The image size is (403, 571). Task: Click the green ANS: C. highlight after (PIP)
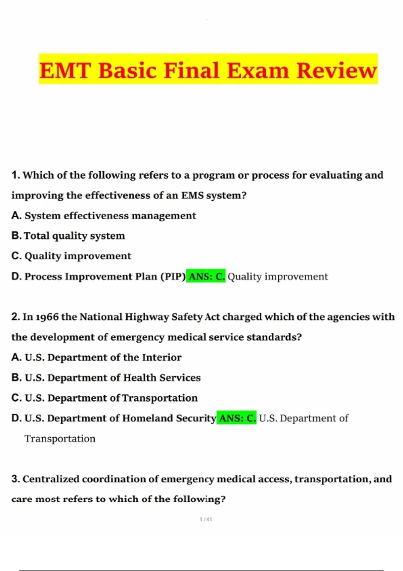[x=206, y=276]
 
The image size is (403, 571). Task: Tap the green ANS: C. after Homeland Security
[x=236, y=418]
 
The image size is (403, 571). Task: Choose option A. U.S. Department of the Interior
[x=96, y=357]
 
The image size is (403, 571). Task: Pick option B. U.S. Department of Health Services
[x=106, y=378]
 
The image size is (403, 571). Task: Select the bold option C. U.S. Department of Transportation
[x=104, y=398]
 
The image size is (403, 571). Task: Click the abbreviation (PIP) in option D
[x=173, y=276]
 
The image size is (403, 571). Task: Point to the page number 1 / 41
[x=206, y=519]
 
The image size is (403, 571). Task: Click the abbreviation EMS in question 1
[x=192, y=195]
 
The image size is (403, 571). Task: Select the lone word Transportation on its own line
[x=60, y=439]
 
